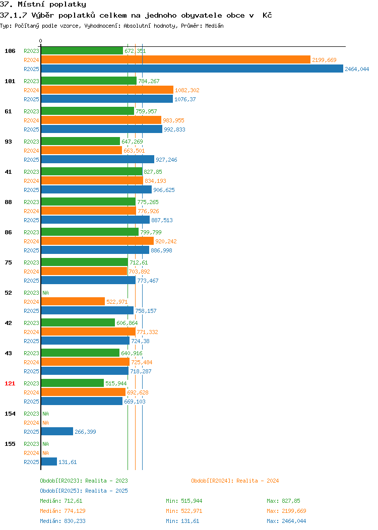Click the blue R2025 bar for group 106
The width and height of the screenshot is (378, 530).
(192, 69)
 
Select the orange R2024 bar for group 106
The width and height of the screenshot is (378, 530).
(176, 60)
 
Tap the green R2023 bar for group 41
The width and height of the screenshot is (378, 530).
(92, 172)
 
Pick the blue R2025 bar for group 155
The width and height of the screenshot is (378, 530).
(49, 461)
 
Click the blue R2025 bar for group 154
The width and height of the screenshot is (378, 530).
(57, 432)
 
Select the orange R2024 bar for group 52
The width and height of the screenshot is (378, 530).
(73, 301)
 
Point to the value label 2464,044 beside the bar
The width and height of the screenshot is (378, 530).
(357, 69)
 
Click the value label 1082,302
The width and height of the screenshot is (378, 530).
(187, 90)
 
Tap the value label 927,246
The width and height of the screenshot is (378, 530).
(166, 160)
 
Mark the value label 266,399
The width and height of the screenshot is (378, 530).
(85, 432)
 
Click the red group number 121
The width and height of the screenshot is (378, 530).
(10, 383)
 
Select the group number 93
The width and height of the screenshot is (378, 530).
(8, 142)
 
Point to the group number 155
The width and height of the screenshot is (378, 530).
(10, 444)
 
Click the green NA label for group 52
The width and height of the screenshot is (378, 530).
(46, 293)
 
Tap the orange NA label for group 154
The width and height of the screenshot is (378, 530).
(46, 423)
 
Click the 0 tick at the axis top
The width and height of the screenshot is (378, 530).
(41, 41)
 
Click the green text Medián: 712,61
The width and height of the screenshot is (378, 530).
(61, 501)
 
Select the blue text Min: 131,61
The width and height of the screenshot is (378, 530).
(182, 521)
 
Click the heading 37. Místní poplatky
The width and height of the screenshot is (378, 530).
(43, 5)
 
